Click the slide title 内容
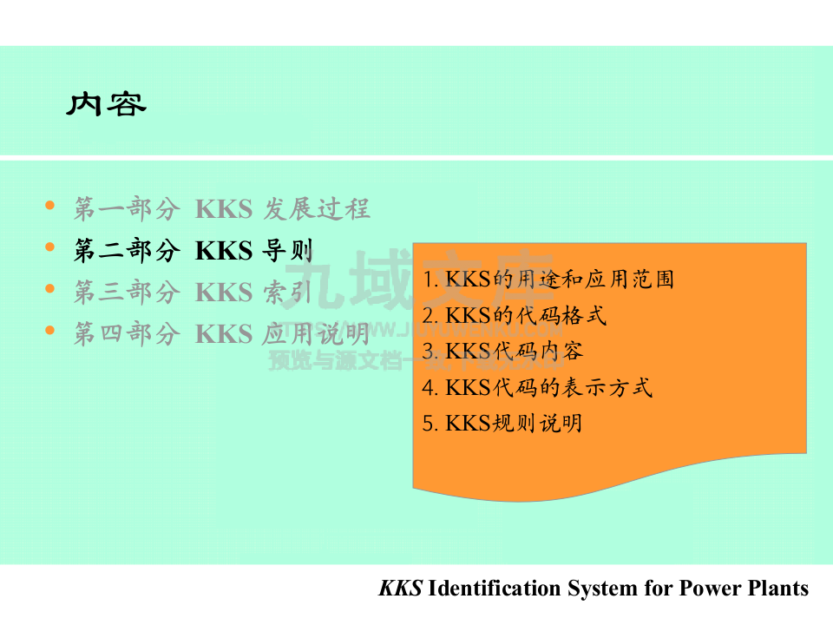[106, 104]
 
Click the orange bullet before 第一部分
[49, 206]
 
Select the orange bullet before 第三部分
[49, 289]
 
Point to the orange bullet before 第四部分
[49, 331]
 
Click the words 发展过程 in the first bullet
[316, 209]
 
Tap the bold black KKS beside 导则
[223, 251]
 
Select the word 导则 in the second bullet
[286, 251]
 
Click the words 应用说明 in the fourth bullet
[316, 334]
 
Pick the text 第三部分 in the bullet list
[127, 293]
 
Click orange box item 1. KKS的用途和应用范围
[548, 280]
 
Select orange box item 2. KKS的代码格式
[514, 315]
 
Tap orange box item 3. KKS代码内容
[502, 351]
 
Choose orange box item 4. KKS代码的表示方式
[536, 387]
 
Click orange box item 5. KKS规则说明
[502, 424]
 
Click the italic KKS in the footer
[400, 589]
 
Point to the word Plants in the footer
[778, 589]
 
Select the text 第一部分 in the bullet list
[127, 209]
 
